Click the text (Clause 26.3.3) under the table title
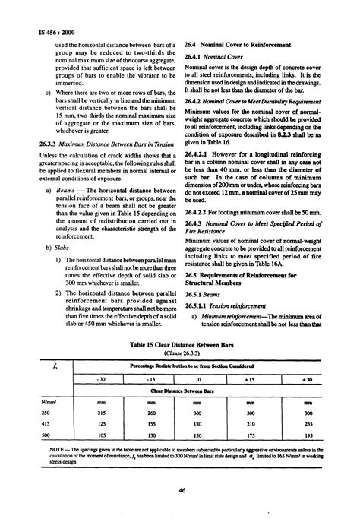point(180,353)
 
